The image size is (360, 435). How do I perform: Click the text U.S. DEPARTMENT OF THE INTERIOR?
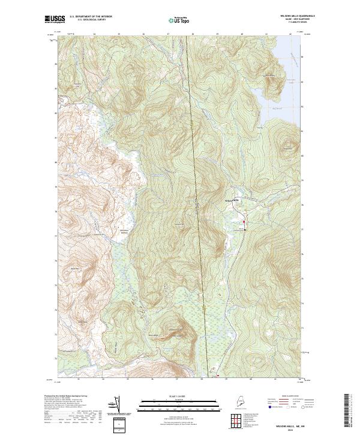point(91,16)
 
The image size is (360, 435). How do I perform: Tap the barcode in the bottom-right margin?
point(347,411)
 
